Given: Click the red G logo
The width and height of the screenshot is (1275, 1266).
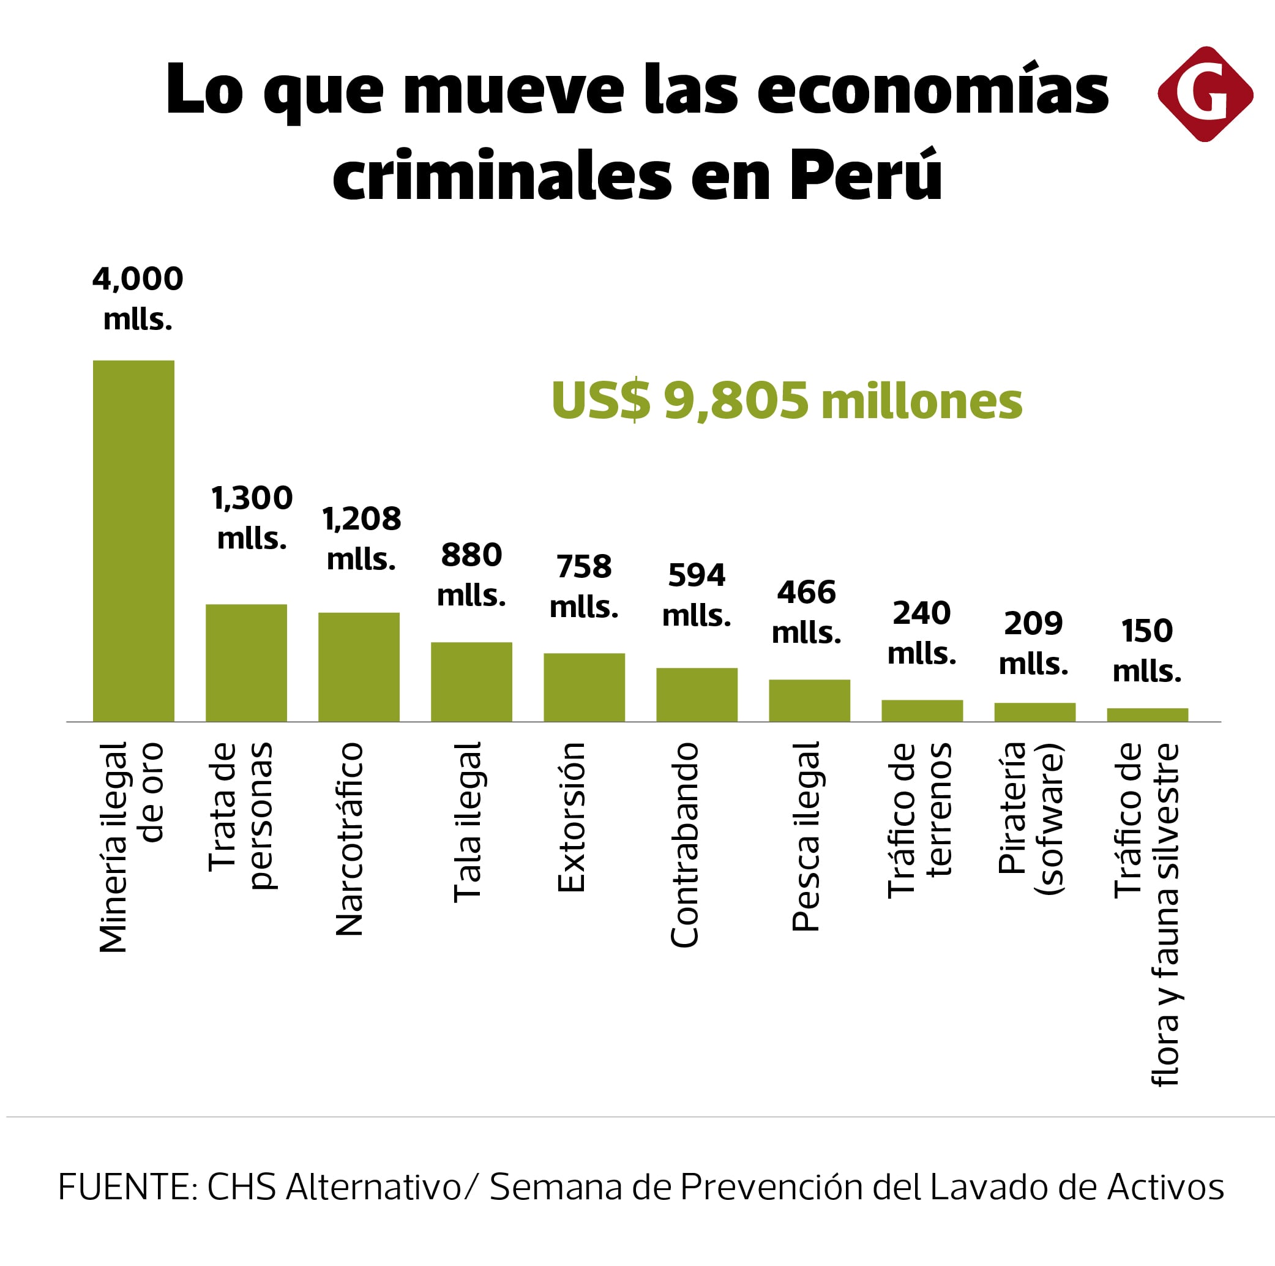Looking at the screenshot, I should coord(1205,94).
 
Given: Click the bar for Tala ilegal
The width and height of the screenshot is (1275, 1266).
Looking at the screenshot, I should coord(471,681).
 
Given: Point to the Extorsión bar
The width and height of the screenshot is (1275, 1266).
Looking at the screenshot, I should coord(584,686).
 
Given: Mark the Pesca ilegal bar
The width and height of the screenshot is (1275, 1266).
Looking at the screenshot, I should coord(809,700).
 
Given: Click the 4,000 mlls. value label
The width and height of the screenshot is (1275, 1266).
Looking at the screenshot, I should coord(137,298).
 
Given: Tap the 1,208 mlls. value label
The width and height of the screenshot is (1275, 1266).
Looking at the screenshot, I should coord(362,538).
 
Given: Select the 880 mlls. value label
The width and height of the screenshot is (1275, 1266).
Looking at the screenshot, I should coord(471,574).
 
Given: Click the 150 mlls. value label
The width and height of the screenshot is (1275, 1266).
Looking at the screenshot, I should coord(1147,650).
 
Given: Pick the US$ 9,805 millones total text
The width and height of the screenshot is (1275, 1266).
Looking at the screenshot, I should coord(787,400).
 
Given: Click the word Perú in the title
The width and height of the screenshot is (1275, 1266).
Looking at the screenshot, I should coord(865,175).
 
